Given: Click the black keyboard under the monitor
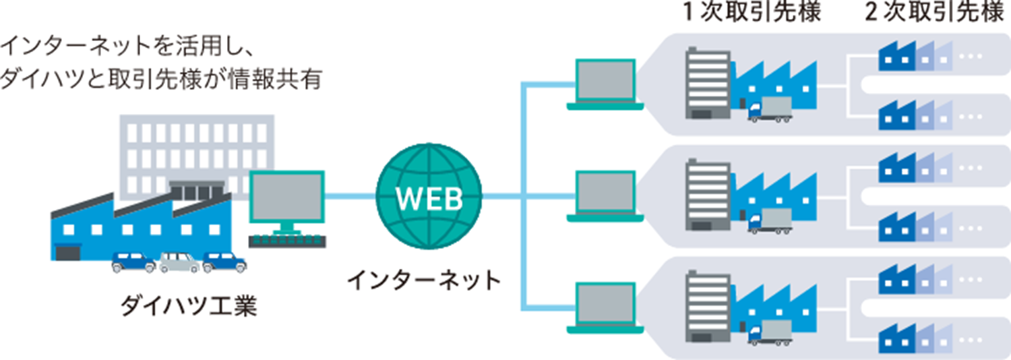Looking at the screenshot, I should tap(287, 241).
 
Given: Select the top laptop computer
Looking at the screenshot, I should tap(605, 84).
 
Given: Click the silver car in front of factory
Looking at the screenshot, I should tap(180, 262).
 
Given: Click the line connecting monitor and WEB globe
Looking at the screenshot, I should tap(350, 197).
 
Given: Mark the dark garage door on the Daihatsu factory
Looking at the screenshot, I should tap(68, 253).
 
